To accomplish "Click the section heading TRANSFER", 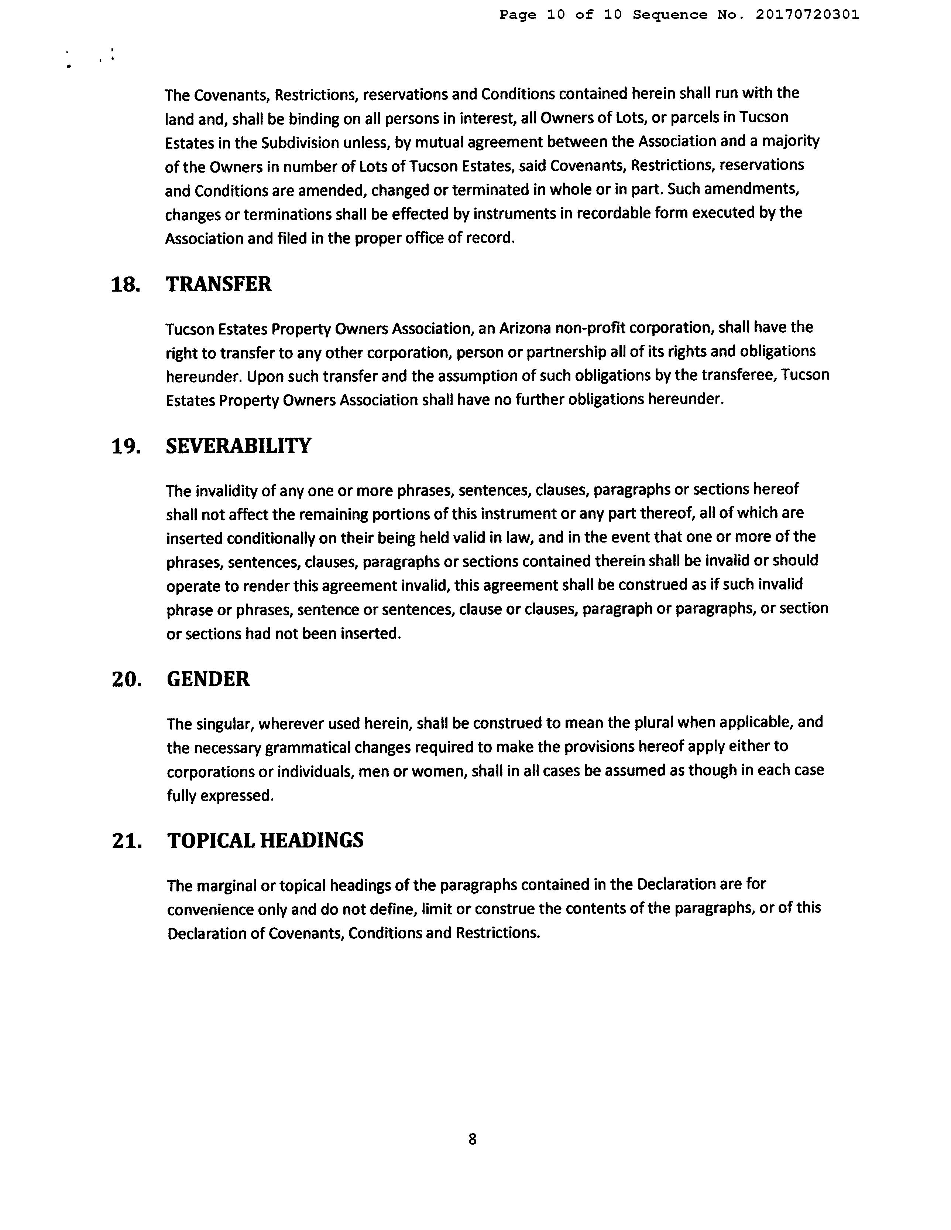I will (218, 285).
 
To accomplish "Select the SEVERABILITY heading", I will (238, 446).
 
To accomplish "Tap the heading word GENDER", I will (208, 679).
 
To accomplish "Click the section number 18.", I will (126, 285).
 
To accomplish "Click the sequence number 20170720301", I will (807, 15).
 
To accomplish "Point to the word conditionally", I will (271, 538).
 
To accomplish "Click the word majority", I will (791, 141).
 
